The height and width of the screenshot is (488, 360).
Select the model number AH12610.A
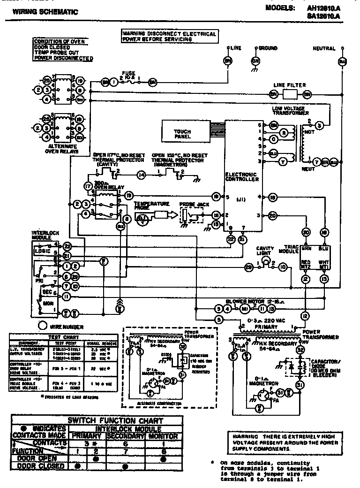[323, 8]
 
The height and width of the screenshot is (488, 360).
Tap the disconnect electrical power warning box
[169, 37]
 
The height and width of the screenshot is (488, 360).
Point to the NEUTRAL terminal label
[324, 48]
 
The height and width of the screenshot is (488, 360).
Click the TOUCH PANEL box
[183, 134]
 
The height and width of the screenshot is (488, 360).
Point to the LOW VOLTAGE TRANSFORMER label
[290, 111]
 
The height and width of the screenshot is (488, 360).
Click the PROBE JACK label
[192, 205]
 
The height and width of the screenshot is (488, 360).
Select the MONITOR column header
[163, 436]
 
